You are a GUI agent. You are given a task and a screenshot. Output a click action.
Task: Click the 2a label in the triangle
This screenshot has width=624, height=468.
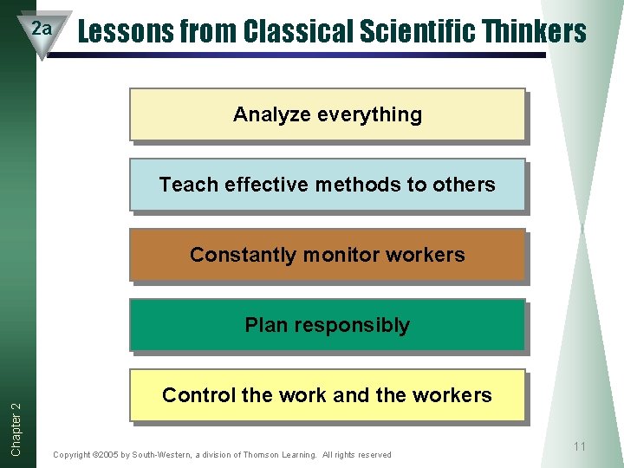pos(42,29)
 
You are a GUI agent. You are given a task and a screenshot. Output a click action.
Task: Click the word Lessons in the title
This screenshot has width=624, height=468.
pos(115,32)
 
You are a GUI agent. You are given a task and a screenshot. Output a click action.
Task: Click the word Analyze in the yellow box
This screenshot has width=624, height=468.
pos(267,114)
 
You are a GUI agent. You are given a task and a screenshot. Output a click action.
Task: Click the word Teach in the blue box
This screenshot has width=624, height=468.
pos(189,185)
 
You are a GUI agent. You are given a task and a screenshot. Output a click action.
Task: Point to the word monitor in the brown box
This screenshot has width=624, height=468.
pos(330,255)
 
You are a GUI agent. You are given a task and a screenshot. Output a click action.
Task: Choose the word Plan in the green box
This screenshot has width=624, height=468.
pos(264,325)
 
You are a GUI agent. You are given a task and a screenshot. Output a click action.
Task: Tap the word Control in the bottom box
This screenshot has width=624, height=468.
pos(198,395)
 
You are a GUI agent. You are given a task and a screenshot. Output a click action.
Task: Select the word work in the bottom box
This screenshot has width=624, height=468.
pos(302,395)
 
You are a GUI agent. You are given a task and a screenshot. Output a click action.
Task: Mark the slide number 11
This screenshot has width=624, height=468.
pos(580,446)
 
